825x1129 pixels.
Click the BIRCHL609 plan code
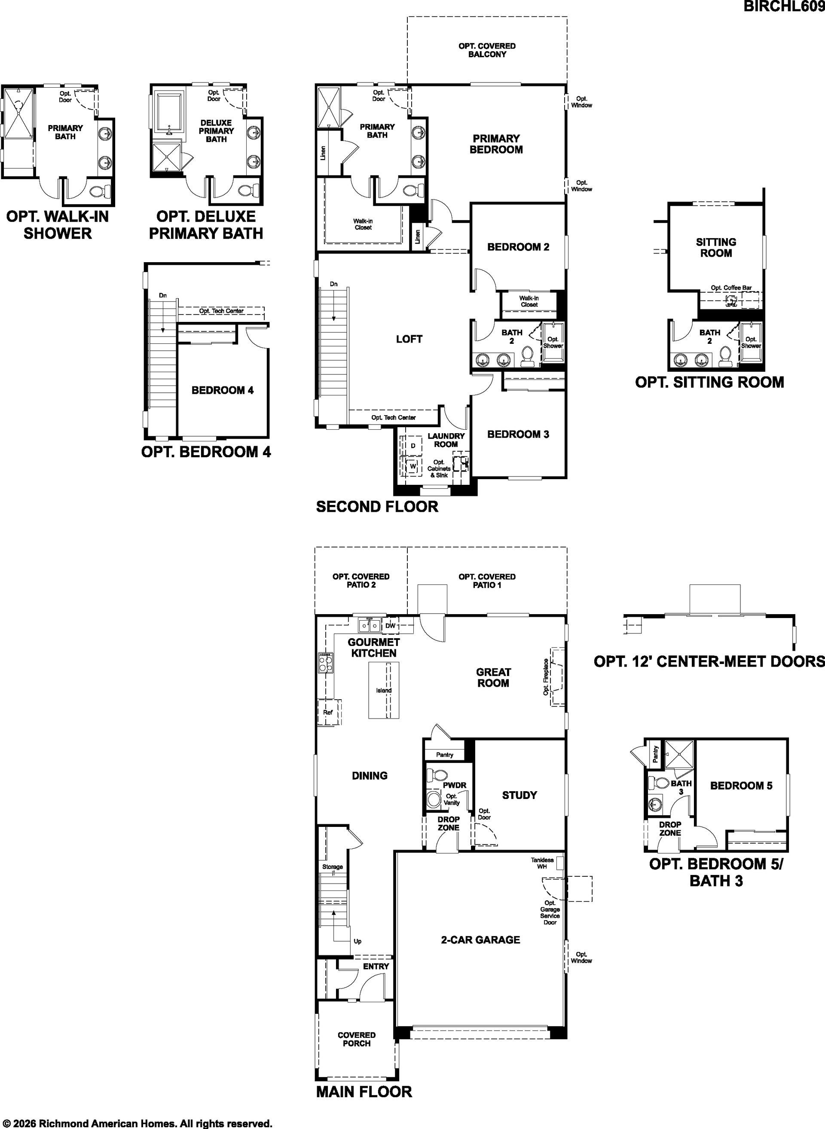click(784, 6)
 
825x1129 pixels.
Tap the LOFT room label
click(409, 339)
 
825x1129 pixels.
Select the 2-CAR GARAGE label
click(480, 939)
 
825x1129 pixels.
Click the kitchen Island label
click(384, 690)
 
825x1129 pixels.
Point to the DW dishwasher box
click(391, 625)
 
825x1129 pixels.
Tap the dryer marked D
click(413, 445)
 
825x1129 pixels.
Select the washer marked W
click(413, 467)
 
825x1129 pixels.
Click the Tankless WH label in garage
click(542, 863)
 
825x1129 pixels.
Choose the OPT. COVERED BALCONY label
click(487, 50)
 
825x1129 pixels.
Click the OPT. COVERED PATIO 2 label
click(361, 581)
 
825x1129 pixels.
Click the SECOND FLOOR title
click(377, 507)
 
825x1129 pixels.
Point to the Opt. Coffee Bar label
click(731, 288)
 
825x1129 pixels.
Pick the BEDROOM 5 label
click(741, 786)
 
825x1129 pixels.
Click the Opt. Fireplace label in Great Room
click(546, 677)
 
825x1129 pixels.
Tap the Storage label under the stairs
click(333, 867)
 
